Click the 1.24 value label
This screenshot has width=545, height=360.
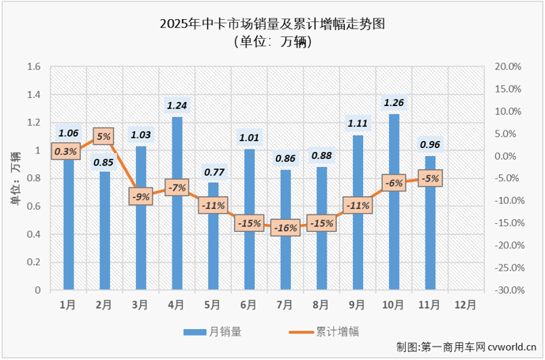(x=177, y=104)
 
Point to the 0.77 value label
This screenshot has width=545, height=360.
(x=213, y=170)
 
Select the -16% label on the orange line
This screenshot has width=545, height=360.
(x=286, y=228)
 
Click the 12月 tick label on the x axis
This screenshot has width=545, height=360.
(x=466, y=304)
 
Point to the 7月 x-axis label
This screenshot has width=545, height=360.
(x=286, y=304)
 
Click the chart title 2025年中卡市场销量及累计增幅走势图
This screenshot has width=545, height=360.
(x=273, y=25)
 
